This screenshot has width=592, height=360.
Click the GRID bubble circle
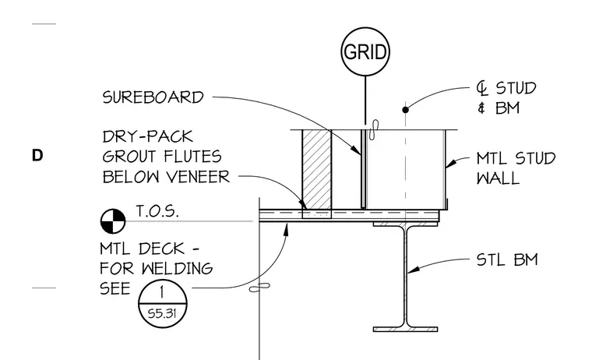pos(365,28)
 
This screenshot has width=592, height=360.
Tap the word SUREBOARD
pos(153,97)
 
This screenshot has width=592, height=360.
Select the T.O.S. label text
pos(157,211)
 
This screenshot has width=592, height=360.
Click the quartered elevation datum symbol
pos(113,221)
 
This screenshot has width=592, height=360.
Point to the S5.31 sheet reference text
pos(162,313)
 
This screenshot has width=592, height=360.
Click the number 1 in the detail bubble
pos(162,292)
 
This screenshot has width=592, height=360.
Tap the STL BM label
pos(507,260)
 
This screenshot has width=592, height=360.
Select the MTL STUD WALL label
pos(516,168)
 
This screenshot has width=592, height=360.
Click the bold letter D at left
pos(37,155)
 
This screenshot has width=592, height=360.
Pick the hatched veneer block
pos(317,169)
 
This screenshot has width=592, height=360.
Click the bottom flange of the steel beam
pos(406,330)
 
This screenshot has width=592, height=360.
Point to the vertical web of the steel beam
pos(406,276)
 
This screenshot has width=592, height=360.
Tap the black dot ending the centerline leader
pos(406,110)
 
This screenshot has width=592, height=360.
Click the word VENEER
pos(197,177)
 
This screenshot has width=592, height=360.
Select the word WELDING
pos(177,269)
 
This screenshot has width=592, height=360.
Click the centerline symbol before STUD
pos(481,88)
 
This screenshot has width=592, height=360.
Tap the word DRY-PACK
pos(148,136)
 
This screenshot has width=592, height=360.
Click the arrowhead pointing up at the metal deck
pos(286,229)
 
